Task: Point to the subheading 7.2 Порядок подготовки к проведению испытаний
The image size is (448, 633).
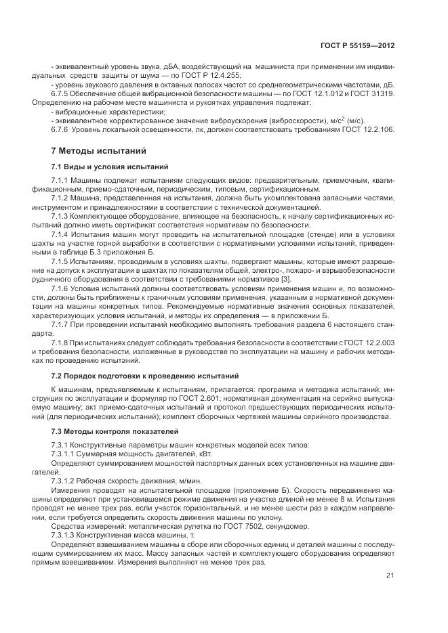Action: pyautogui.click(x=144, y=375)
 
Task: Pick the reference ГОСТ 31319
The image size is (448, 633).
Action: pyautogui.click(x=375, y=93)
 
